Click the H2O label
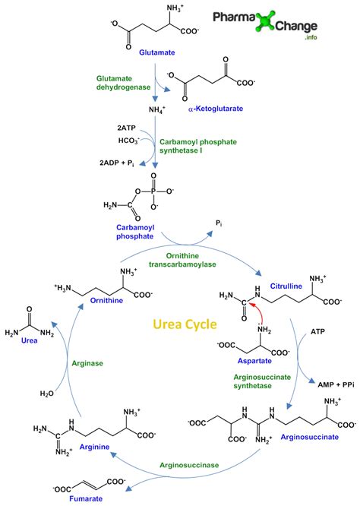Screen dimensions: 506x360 point(46,394)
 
